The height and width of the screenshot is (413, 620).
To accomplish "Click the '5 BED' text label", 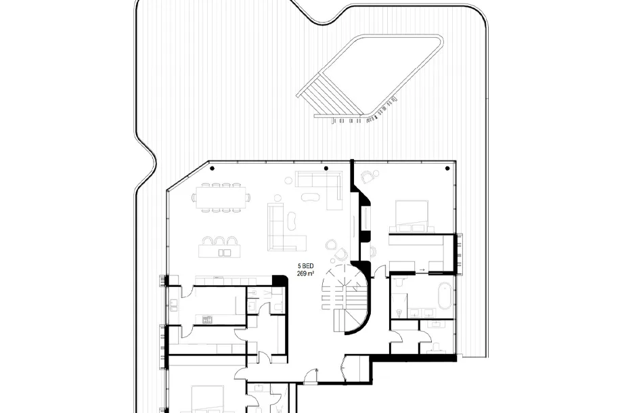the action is [x=306, y=266].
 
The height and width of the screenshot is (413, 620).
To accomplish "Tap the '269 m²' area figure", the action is [x=306, y=274].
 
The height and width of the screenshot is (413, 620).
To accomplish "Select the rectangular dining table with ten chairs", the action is [x=221, y=197].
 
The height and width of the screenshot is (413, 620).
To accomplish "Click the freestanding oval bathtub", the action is [x=445, y=297].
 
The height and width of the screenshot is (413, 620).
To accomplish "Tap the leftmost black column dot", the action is [x=213, y=169].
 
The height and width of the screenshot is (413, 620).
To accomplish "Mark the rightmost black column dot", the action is [x=447, y=169].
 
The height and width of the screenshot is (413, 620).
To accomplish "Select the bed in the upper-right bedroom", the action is [x=412, y=216].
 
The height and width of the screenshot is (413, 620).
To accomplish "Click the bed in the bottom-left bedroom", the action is [x=208, y=399].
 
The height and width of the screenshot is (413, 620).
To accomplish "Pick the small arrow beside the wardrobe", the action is [x=422, y=269].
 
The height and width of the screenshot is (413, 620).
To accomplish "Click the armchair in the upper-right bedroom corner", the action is [x=368, y=176].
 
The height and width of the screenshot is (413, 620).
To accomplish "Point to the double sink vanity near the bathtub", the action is [x=422, y=313].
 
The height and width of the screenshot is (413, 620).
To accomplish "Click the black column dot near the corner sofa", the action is [x=326, y=169].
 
